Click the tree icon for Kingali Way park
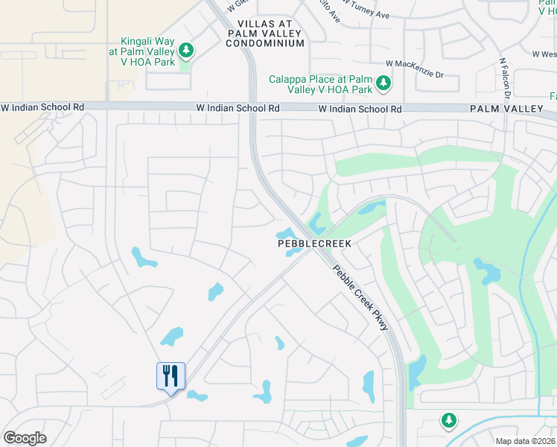point(186,51)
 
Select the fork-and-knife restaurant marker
point(171,376)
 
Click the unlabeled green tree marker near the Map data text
point(448,421)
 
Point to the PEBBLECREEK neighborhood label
point(313,244)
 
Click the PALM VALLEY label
point(506,109)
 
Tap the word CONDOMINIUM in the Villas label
point(265,43)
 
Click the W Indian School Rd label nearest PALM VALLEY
point(360,109)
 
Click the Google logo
point(25,438)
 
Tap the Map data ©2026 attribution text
point(525,441)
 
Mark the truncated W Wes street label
point(544,54)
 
